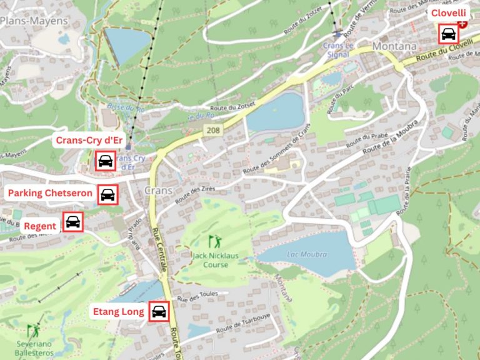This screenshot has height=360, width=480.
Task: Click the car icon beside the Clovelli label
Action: [x=448, y=34]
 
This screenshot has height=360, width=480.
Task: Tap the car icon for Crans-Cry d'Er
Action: [x=105, y=161]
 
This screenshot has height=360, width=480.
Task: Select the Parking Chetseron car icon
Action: [x=108, y=194]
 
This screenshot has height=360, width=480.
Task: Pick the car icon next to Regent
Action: [x=73, y=222]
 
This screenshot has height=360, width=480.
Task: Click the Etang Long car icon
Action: [x=159, y=311]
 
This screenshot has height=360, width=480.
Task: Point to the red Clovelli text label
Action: [x=447, y=12]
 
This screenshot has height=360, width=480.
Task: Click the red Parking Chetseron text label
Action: [x=50, y=193]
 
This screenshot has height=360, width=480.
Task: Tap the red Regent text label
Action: [x=40, y=226]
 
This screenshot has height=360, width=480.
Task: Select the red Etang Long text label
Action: [x=118, y=311]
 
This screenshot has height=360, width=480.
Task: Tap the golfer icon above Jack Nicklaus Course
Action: [x=214, y=239]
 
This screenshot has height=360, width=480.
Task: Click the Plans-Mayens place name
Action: [x=34, y=21]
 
